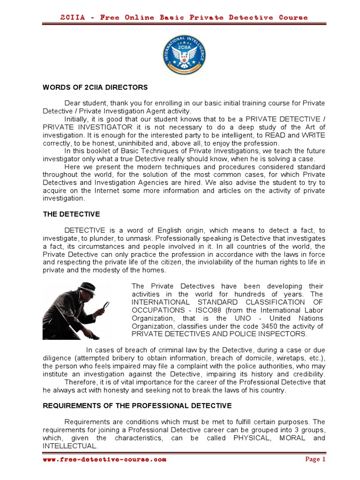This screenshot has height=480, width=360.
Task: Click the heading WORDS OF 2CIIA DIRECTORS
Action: tap(95, 87)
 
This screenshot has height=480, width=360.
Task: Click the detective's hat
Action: tap(87, 287)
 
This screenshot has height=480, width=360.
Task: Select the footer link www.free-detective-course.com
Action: tap(104, 459)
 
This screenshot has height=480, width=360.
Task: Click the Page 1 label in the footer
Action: tap(315, 459)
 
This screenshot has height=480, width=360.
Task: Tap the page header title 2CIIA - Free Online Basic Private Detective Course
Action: tap(184, 17)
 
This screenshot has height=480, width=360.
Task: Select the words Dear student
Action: tap(85, 103)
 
